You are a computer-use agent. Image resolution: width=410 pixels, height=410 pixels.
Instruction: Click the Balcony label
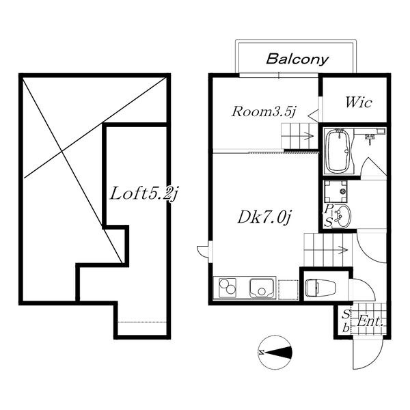click(x=297, y=59)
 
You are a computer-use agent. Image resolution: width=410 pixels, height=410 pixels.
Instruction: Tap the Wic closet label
click(x=358, y=102)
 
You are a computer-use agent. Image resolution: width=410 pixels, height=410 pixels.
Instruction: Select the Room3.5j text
click(x=264, y=111)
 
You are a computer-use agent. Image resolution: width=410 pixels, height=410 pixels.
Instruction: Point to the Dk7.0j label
click(x=264, y=217)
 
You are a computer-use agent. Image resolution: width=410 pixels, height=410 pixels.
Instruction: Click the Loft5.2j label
click(x=143, y=194)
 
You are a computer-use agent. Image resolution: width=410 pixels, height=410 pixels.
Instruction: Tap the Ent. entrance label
click(x=370, y=321)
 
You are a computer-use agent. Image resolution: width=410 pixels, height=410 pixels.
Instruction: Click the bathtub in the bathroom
click(x=339, y=152)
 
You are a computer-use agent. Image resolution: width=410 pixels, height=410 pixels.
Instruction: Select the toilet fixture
click(x=321, y=288)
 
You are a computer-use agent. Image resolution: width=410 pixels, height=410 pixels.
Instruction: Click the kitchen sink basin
click(x=262, y=288)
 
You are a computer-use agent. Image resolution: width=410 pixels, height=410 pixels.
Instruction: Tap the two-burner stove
click(x=228, y=288)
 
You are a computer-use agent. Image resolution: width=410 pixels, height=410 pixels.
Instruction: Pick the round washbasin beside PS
click(x=342, y=216)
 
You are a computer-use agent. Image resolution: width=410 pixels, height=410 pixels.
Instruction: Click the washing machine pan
click(x=336, y=191)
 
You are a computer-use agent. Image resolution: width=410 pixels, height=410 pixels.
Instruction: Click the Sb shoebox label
click(x=346, y=321)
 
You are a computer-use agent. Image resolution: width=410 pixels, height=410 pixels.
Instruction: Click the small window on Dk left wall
click(x=210, y=251)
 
